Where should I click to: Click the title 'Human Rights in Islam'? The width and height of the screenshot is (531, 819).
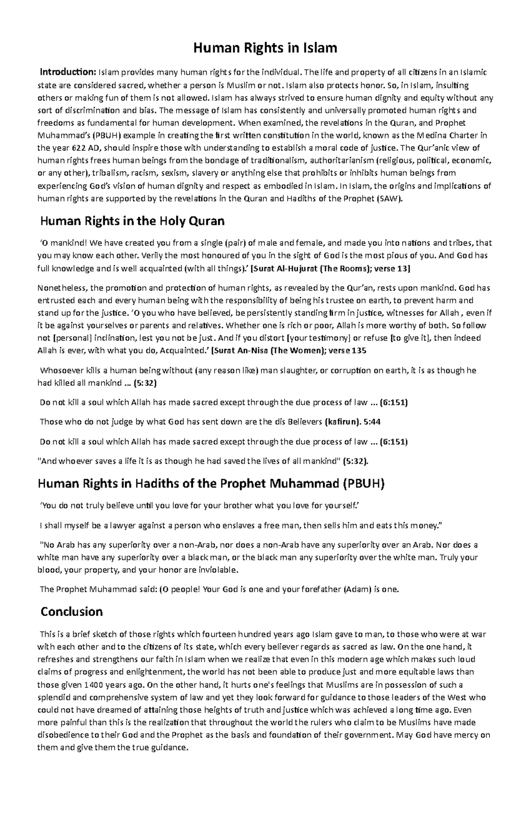pos(265,48)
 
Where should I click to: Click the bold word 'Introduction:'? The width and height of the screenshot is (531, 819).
pos(68,72)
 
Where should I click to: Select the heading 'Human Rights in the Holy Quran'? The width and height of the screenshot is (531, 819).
pos(132,221)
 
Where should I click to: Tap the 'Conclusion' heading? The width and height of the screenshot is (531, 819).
pos(71,612)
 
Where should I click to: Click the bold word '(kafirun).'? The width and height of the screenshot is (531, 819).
pos(342,422)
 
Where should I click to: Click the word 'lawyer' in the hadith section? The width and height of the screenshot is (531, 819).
pos(116,526)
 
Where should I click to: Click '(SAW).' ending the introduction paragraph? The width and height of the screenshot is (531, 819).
pos(389,198)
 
